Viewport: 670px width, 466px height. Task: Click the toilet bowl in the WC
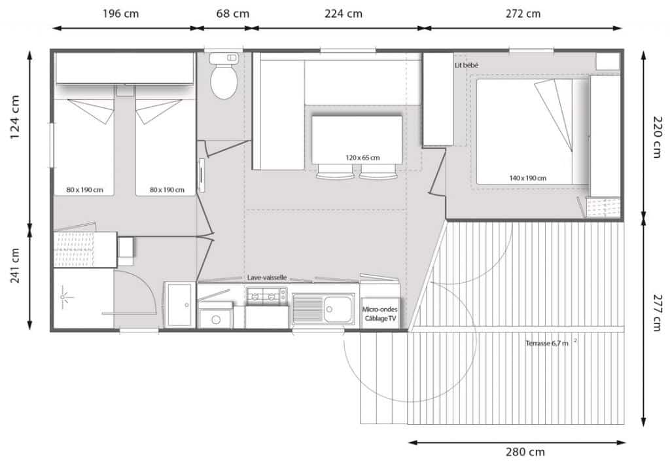pos(224,81)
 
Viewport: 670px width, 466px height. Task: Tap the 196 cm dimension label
pos(120,14)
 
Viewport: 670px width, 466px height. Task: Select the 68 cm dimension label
pos(232,14)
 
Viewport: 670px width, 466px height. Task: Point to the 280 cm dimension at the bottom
pos(525,452)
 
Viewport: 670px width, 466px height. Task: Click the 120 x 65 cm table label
pos(362,158)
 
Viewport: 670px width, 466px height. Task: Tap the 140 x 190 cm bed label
pos(527,178)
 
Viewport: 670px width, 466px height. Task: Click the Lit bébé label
pos(466,65)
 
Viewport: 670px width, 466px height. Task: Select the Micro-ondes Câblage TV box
pos(380,314)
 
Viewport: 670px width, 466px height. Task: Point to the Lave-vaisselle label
pos(267,278)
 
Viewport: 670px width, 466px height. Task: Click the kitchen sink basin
pos(338,309)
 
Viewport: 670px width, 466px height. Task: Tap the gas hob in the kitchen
pos(267,295)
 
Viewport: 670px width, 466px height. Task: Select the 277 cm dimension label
pos(658,312)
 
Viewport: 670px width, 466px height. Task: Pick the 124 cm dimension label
pos(14,117)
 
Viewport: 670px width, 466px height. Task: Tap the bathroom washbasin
pos(179,305)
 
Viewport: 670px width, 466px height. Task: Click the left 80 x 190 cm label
pos(84,190)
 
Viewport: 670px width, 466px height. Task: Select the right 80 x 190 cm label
pos(167,190)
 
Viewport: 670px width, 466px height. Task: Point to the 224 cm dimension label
pos(343,14)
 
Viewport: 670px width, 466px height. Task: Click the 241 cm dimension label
pos(14,265)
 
